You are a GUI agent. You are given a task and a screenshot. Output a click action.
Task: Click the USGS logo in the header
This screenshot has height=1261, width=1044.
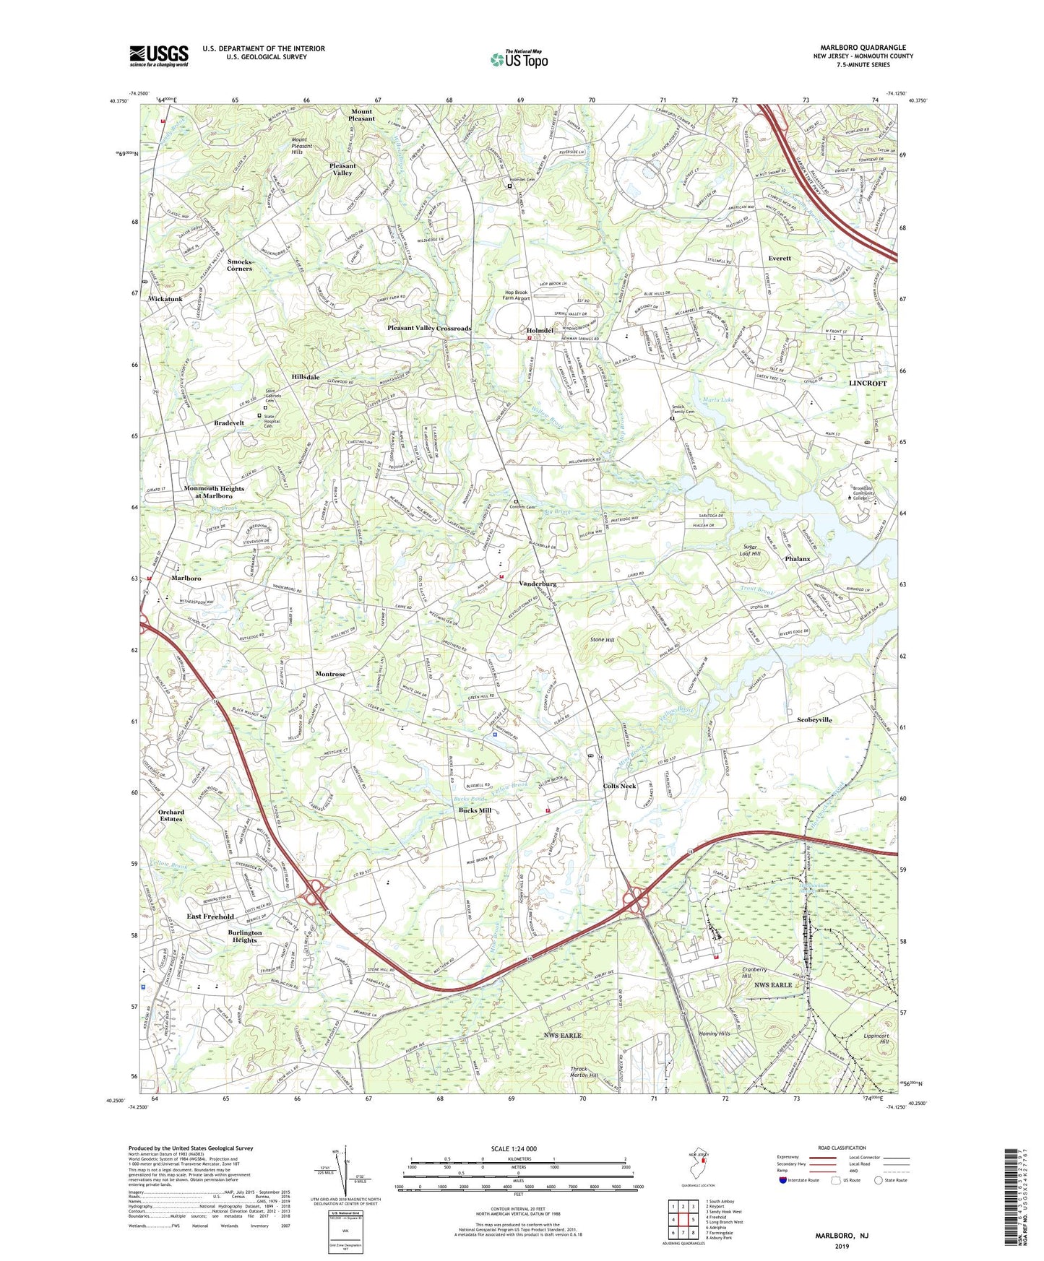tap(159, 56)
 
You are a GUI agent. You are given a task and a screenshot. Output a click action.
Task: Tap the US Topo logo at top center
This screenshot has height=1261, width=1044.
tap(519, 59)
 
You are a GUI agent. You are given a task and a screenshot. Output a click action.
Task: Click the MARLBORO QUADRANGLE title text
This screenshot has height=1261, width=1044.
tap(863, 48)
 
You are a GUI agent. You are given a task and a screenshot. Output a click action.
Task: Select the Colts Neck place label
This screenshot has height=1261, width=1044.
tap(620, 786)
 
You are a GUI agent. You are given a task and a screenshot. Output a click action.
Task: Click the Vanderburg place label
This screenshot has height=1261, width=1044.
tap(538, 584)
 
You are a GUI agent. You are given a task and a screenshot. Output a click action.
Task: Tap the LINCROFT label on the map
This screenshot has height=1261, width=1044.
tap(867, 383)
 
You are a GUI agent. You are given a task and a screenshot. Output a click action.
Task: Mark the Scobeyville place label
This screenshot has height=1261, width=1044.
tap(814, 719)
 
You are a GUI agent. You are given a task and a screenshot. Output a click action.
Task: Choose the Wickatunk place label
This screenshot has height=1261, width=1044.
tap(165, 298)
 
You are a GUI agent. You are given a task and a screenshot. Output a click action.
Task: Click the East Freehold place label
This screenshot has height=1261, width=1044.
tap(210, 916)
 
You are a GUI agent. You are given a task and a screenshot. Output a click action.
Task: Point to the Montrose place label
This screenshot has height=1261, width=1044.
tap(330, 674)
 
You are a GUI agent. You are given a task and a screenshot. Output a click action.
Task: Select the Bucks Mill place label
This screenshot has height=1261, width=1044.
tap(475, 810)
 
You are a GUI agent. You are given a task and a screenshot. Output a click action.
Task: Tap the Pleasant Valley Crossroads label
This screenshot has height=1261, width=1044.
tap(429, 328)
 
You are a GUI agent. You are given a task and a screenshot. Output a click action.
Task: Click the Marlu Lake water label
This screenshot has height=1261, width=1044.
tap(717, 399)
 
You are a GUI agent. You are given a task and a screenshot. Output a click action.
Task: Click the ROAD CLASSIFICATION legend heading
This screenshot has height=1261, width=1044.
tap(842, 1148)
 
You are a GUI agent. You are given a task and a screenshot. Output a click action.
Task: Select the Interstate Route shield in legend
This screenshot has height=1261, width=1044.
tap(783, 1180)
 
